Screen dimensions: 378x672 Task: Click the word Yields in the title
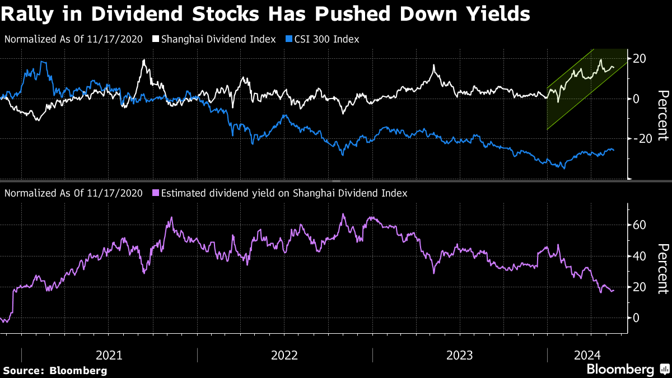click(500, 13)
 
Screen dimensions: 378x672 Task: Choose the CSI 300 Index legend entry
click(325, 39)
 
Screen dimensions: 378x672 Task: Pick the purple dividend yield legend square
click(156, 193)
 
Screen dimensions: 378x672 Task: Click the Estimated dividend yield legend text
click(284, 193)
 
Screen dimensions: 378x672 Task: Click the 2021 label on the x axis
click(110, 355)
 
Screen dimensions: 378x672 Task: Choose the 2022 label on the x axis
click(285, 355)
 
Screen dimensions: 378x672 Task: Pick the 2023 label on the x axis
click(460, 355)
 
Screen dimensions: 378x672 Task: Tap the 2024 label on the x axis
click(587, 355)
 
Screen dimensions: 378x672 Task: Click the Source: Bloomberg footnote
click(55, 370)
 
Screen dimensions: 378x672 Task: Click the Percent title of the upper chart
click(662, 115)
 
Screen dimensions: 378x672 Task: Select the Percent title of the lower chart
click(662, 268)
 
